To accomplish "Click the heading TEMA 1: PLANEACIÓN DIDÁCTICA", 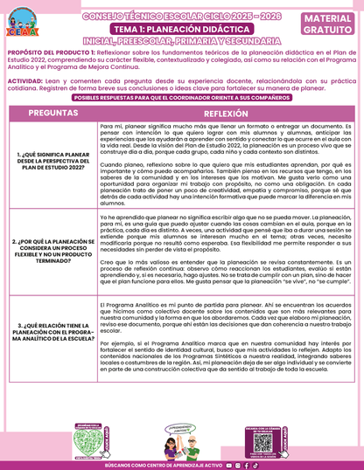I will click(182, 29).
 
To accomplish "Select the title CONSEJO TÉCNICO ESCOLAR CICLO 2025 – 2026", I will click(182, 16).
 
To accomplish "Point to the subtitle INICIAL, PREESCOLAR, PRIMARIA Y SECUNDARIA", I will click(182, 41).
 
